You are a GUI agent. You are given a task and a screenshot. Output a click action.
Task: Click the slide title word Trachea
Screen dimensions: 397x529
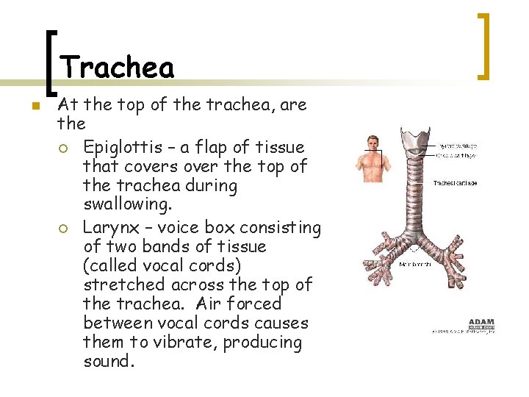click(118, 68)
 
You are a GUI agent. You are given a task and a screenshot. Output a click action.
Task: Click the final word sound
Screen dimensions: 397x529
click(109, 362)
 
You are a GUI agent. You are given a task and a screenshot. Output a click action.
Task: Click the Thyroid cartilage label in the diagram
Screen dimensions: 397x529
click(456, 146)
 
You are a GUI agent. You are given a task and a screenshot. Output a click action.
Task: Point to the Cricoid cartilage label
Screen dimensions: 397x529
click(456, 155)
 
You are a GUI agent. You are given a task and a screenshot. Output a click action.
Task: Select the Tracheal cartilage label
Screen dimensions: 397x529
click(456, 182)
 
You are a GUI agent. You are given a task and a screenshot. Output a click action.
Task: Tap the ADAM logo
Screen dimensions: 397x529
click(481, 323)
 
